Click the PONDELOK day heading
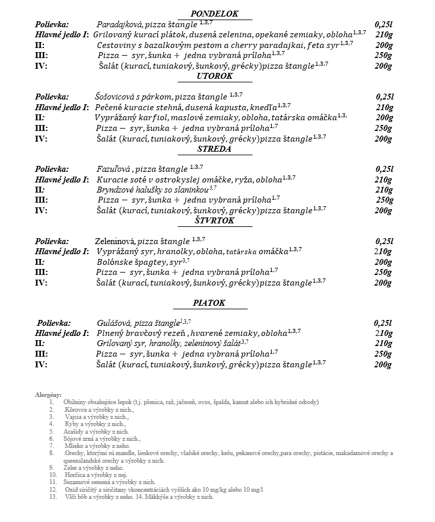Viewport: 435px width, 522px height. pyautogui.click(x=214, y=14)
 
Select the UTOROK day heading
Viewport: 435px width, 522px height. pyautogui.click(x=215, y=76)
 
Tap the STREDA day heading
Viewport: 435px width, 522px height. pyautogui.click(x=214, y=149)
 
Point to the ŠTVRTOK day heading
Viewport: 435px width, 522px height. pyautogui.click(x=214, y=221)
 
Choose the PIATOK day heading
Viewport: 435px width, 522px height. pyautogui.click(x=209, y=303)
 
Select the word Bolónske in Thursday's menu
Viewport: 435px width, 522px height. pyautogui.click(x=116, y=262)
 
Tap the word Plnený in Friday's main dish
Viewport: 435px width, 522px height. pyautogui.click(x=110, y=334)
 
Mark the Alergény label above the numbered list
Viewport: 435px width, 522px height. pyautogui.click(x=47, y=395)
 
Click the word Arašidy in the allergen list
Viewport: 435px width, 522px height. pyautogui.click(x=75, y=432)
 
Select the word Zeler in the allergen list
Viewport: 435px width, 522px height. pyautogui.click(x=72, y=467)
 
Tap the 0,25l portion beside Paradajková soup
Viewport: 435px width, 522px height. pyautogui.click(x=384, y=25)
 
